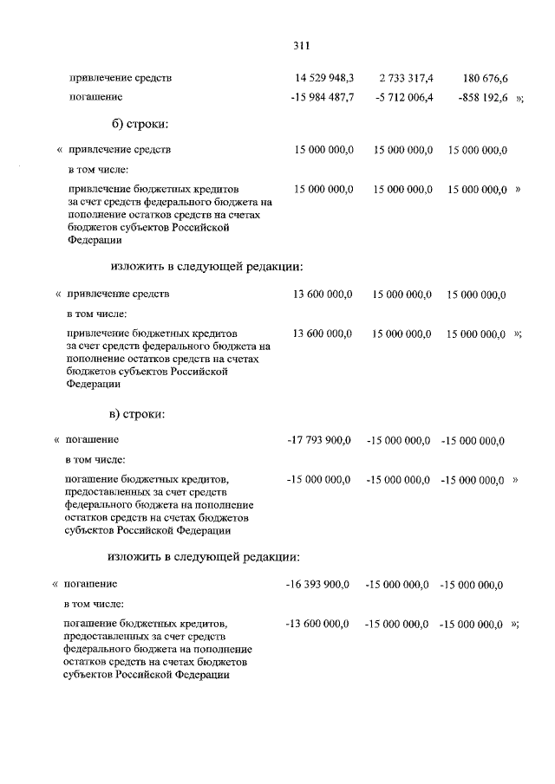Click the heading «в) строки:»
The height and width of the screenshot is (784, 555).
[x=139, y=413]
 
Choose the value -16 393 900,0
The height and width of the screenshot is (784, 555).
[x=318, y=585]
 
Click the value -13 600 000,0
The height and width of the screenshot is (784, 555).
[x=318, y=622]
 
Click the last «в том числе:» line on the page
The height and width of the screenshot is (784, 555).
[x=95, y=603]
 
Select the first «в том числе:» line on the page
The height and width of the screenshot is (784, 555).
[x=97, y=169]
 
